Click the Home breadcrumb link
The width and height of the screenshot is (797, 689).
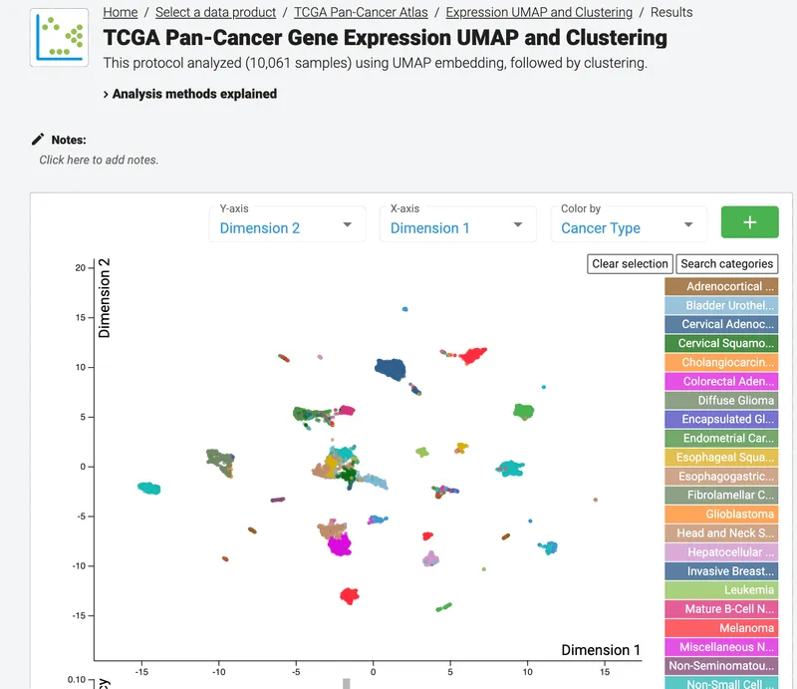pos(120,13)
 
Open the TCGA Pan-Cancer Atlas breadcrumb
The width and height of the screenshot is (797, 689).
pos(361,13)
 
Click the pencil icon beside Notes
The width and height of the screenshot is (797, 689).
pos(39,140)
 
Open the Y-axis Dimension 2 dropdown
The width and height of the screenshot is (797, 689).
pos(287,226)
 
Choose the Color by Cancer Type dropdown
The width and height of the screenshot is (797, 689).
pos(628,226)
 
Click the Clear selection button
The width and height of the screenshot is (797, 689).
pos(630,264)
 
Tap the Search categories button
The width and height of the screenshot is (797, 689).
pos(726,264)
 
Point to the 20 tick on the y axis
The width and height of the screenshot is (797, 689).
pos(80,268)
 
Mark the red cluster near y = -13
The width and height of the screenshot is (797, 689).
pos(349,596)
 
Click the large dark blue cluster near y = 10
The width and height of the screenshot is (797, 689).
pos(391,369)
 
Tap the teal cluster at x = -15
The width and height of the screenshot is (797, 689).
pos(149,488)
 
